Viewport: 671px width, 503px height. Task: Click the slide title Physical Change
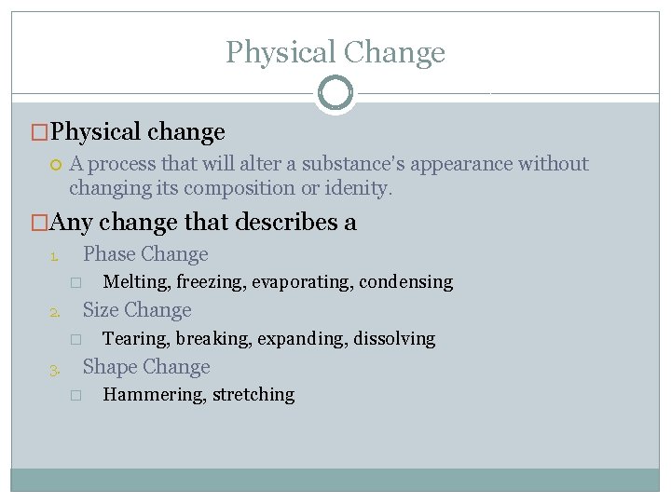335,52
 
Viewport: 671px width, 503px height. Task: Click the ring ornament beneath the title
335,93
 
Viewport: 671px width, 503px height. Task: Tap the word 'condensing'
406,281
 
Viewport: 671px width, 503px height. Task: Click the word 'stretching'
253,395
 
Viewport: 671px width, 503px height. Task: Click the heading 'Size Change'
137,310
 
